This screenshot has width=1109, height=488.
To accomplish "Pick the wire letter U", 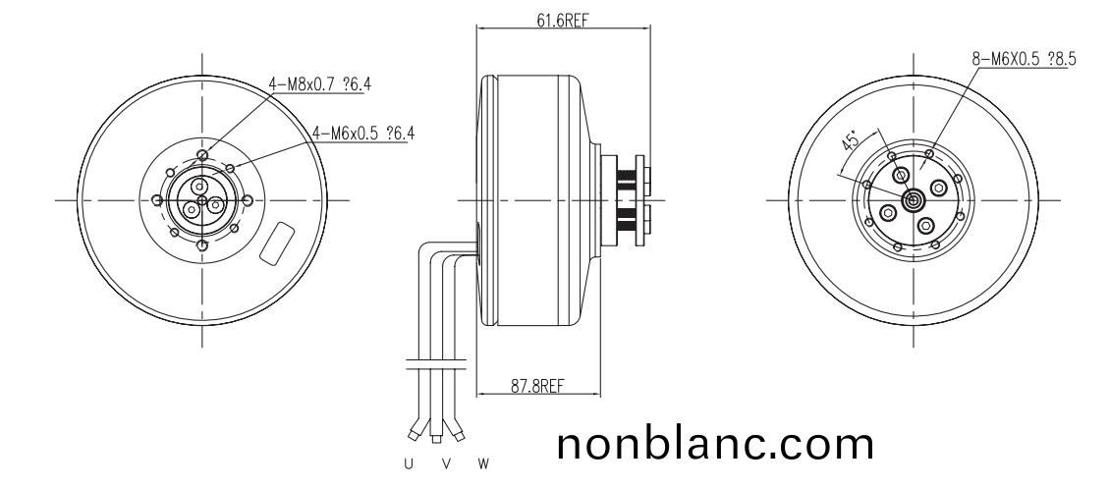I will [x=409, y=462].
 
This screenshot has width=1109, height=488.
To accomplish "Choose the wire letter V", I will [x=445, y=462].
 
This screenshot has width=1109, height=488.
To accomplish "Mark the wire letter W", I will [x=482, y=462].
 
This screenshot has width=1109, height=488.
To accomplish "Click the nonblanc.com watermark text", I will [x=714, y=444].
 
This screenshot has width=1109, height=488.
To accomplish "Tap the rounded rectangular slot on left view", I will [x=277, y=243].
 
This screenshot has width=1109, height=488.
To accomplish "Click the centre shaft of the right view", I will [x=914, y=200].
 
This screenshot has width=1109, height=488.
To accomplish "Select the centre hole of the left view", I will [x=201, y=201].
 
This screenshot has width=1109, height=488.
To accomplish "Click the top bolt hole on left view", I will [x=201, y=155].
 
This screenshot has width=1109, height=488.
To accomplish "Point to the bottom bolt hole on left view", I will [x=201, y=246].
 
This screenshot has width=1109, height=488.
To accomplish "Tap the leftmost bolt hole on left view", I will [x=156, y=200].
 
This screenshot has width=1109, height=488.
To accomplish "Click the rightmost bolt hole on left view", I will [x=248, y=200].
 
